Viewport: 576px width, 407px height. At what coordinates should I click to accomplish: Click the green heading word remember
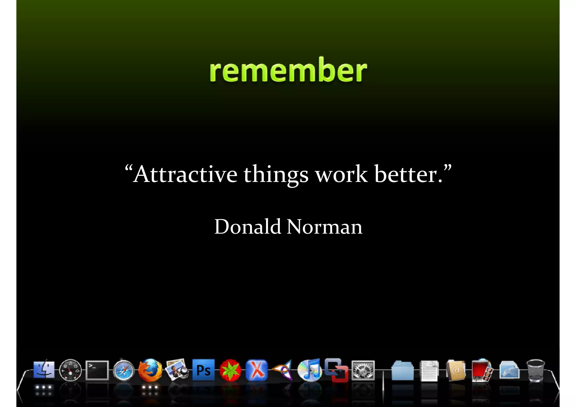(288, 70)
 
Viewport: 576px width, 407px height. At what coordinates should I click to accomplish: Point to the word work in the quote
(341, 174)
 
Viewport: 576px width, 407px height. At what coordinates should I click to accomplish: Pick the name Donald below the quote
(247, 226)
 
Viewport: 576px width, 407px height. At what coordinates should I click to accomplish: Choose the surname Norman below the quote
(325, 226)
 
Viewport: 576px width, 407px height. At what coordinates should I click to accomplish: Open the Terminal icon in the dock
(97, 370)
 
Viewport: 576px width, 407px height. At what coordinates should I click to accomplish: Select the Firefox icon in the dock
(150, 370)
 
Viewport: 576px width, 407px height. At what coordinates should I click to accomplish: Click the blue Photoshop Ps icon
(203, 370)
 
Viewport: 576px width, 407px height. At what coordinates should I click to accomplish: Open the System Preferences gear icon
(363, 370)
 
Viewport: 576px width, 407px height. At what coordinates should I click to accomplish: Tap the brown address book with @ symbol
(456, 370)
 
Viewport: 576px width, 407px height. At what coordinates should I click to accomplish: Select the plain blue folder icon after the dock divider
(402, 371)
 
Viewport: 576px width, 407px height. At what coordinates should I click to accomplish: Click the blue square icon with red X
(256, 370)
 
